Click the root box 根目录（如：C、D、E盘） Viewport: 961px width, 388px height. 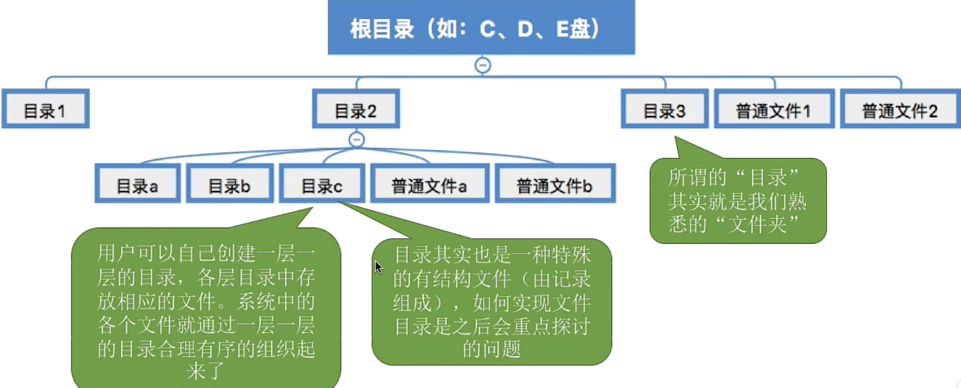pos(481,28)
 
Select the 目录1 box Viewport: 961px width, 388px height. pos(46,109)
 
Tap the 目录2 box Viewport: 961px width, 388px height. pos(356,109)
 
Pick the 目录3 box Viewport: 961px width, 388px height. pos(664,109)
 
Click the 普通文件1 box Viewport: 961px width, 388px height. pos(774,109)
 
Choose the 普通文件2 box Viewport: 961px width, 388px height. pos(900,109)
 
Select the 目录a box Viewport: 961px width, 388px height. pos(137,184)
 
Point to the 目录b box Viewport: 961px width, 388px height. pos(229,184)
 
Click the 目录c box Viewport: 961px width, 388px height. pos(322,184)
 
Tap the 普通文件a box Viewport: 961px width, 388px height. pos(429,184)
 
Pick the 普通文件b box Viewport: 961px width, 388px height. pos(555,184)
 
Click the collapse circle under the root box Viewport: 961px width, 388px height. pos(483,65)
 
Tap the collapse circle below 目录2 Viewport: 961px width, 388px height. pos(357,139)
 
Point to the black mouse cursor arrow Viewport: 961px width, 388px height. pos(378,267)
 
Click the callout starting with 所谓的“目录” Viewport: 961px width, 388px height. pos(738,201)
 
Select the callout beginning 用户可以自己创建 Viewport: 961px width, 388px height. pos(206,308)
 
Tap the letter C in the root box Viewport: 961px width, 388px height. pos(487,29)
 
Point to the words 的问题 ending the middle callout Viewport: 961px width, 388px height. pos(492,349)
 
